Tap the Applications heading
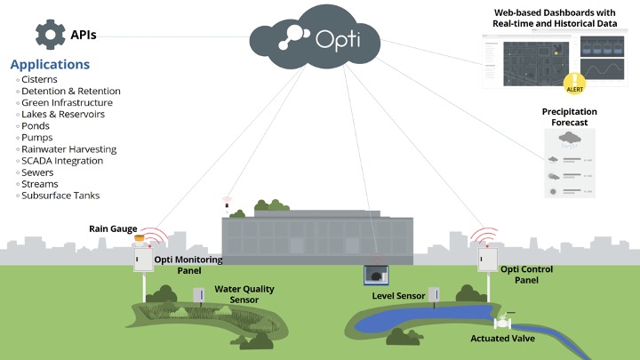point(50,65)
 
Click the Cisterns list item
point(39,80)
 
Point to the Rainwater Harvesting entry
point(68,149)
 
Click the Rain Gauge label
point(111,228)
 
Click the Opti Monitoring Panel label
point(188,264)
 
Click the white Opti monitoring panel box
point(141,258)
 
